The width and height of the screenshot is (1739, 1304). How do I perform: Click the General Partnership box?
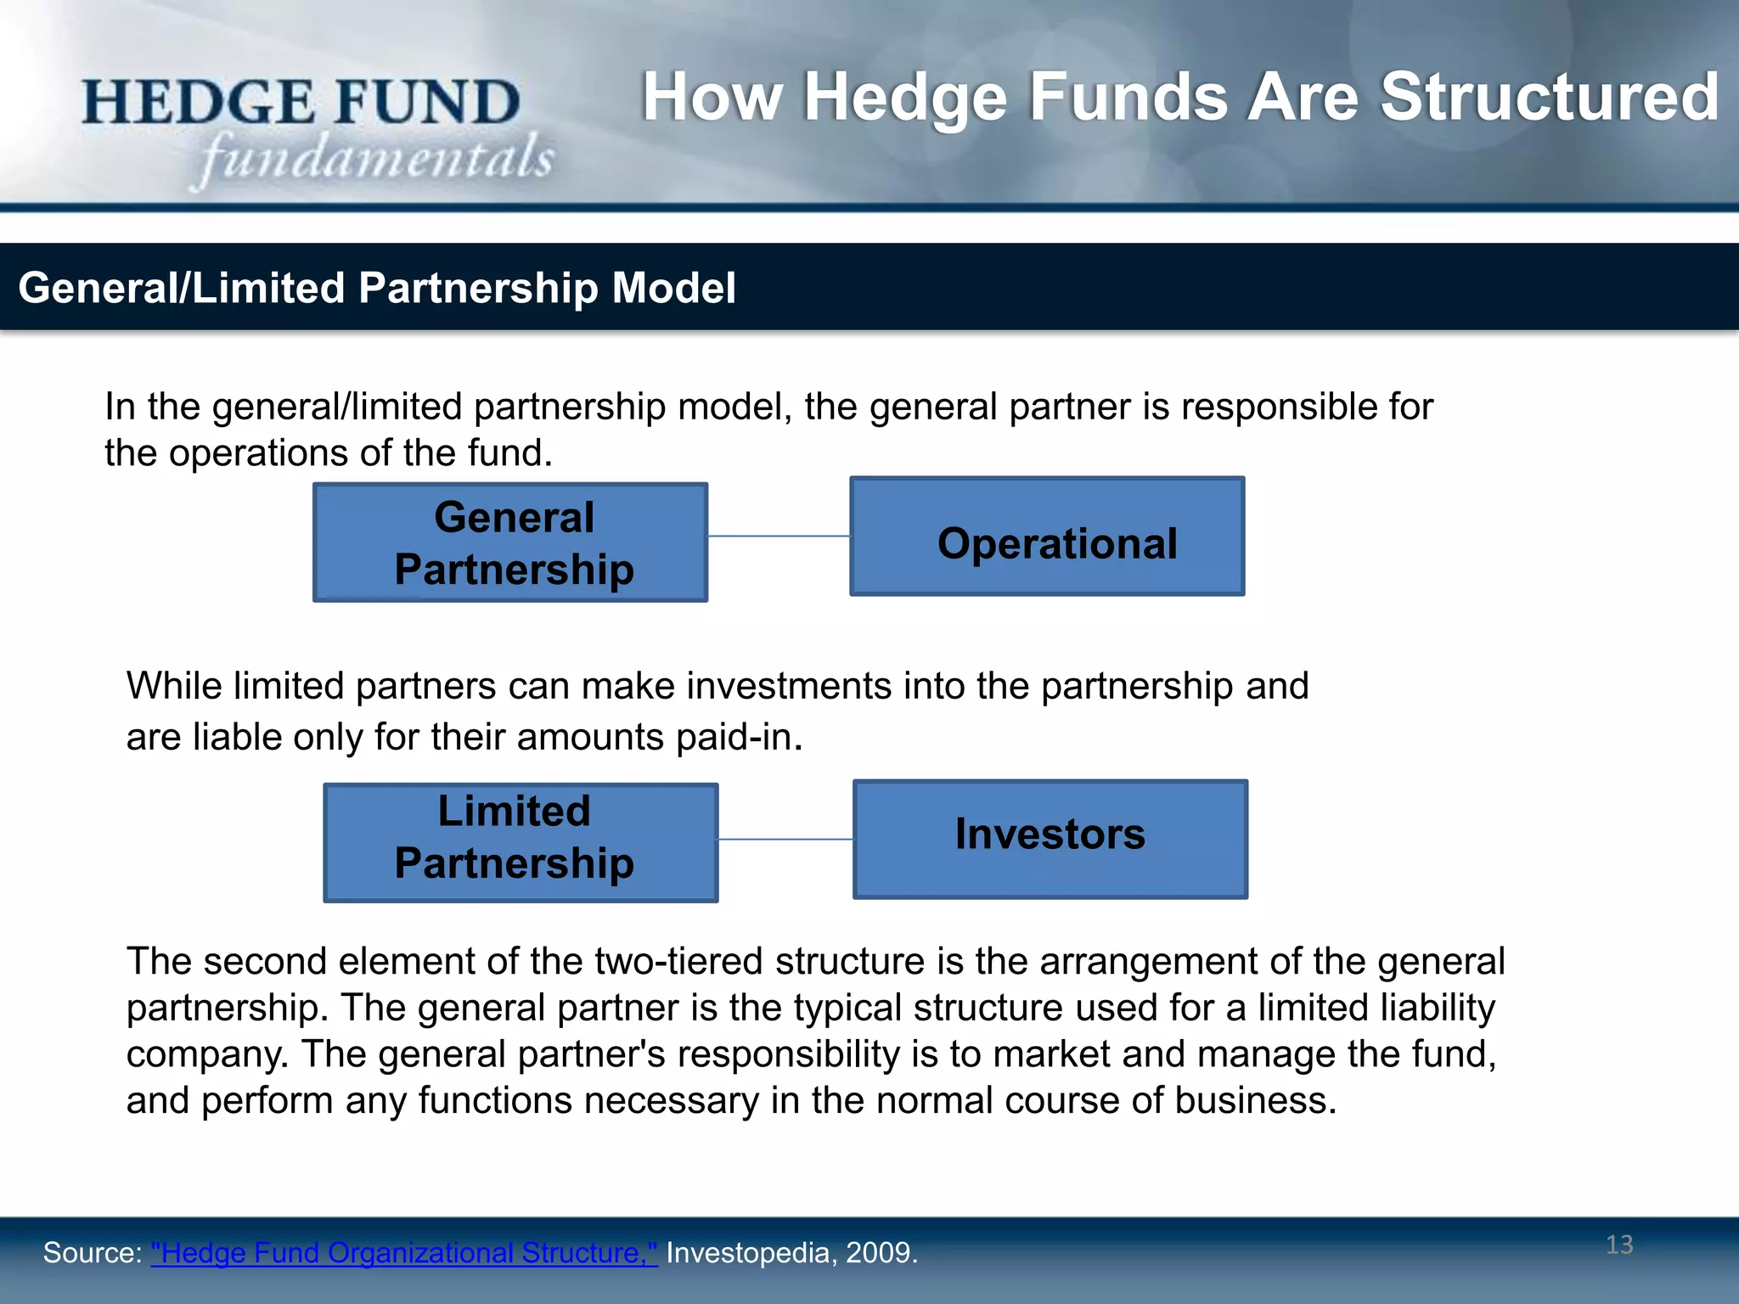point(510,542)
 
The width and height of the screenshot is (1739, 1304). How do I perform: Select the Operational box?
point(1047,537)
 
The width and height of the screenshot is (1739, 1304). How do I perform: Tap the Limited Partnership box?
point(521,842)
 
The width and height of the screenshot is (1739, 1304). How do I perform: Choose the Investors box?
point(1050,839)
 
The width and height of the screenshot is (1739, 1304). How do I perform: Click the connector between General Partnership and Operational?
point(779,537)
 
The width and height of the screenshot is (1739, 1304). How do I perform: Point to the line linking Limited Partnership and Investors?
point(785,840)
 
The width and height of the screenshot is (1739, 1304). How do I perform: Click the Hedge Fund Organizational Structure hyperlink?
point(403,1253)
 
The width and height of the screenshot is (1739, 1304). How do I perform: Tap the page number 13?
point(1619,1245)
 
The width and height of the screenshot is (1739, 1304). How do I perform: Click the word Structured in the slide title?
point(1549,97)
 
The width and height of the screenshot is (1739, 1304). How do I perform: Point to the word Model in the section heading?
point(673,288)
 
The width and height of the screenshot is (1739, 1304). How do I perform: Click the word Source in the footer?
point(90,1253)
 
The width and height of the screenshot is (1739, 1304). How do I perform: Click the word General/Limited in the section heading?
point(181,288)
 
